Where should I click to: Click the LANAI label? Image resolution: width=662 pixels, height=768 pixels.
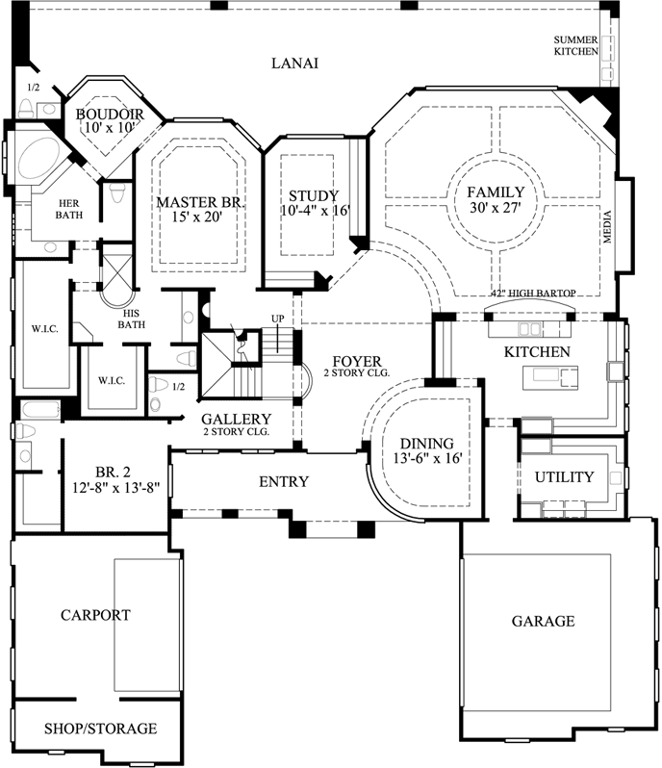(x=294, y=64)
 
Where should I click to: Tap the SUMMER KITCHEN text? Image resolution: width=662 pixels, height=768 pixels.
(x=575, y=45)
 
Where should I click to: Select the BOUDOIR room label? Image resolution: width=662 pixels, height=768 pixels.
(x=109, y=115)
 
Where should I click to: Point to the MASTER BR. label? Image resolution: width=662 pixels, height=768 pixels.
(x=201, y=203)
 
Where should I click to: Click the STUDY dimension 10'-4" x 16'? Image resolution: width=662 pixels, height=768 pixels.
(x=315, y=210)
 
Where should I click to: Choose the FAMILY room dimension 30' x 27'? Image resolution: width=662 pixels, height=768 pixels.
(x=496, y=208)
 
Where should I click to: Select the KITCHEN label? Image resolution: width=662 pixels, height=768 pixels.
(x=537, y=352)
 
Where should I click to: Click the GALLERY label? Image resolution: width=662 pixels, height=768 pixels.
(x=236, y=420)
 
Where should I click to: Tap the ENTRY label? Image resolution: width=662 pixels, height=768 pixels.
(x=284, y=481)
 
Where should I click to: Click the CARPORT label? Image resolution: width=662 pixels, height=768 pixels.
(x=95, y=614)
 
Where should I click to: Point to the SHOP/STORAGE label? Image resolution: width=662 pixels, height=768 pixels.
(x=100, y=729)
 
